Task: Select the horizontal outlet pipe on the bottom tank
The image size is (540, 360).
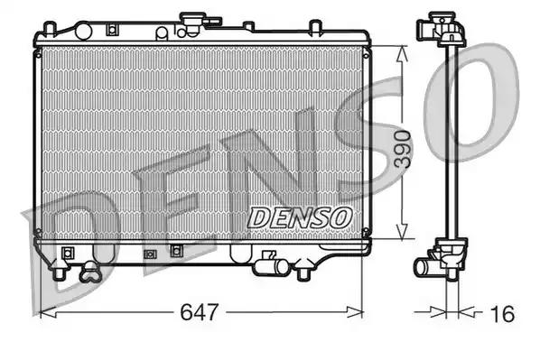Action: click(x=268, y=265)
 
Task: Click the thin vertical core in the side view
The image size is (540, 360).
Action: click(x=447, y=144)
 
